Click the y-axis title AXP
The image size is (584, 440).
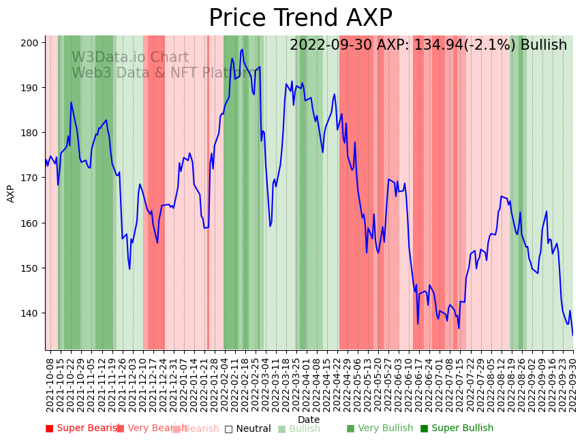[11, 193]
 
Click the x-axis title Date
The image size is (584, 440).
[309, 420]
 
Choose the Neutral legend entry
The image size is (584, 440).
[247, 428]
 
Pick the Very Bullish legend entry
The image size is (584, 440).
[380, 428]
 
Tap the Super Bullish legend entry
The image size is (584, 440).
[457, 428]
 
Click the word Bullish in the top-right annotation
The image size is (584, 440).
[543, 46]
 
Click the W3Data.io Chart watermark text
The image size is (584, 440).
[129, 58]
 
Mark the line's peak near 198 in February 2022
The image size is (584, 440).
[242, 49]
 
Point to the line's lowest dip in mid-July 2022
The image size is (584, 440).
[459, 328]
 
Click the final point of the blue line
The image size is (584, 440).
[572, 335]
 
